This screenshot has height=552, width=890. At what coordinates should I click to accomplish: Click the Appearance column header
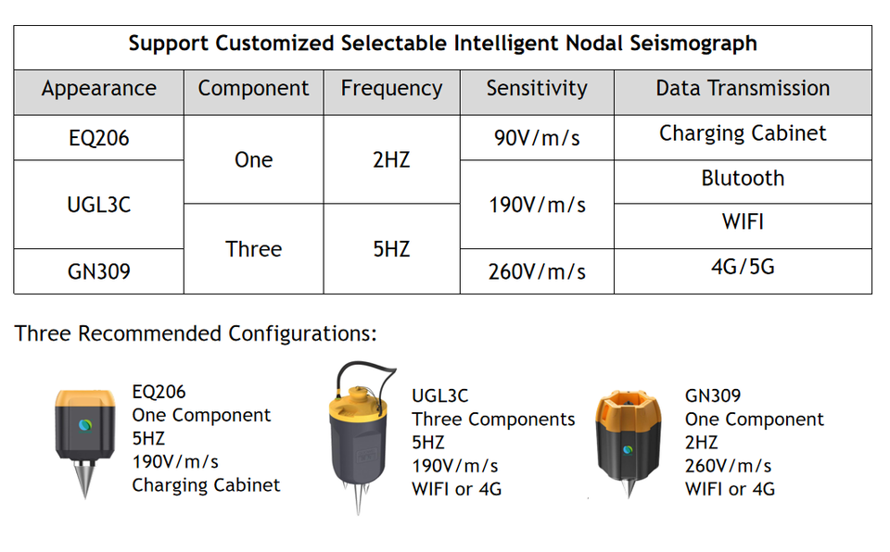pos(98,89)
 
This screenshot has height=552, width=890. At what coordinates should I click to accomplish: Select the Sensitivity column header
pos(537,89)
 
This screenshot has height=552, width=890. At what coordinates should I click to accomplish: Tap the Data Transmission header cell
pos(743,89)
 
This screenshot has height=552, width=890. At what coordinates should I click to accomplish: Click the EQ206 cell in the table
pos(98,138)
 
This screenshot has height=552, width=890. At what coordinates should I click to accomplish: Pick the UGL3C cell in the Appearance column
pos(98,205)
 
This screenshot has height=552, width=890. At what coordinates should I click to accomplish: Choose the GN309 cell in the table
pos(98,271)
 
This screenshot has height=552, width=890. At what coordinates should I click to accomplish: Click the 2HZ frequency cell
pos(391,160)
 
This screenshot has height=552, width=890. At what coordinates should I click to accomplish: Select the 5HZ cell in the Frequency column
pos(391,249)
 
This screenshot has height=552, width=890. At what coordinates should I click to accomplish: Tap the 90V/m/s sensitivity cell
pos(537,138)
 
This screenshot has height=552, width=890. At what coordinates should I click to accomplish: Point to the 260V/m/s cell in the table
pos(537,271)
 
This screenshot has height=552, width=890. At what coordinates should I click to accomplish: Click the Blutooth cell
pos(743,179)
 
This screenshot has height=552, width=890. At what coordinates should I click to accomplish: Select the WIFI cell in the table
pos(743,223)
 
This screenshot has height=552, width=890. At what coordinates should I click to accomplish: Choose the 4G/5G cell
pos(743,268)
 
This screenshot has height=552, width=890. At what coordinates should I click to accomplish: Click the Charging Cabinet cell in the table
pos(743,133)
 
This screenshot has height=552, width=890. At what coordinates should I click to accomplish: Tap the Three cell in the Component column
pos(253,249)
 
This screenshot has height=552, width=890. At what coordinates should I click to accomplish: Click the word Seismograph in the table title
pos(695,44)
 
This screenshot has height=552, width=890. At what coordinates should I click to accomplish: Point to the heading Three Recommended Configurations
pos(196,333)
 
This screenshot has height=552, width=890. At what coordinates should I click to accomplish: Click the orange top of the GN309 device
pos(628,408)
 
